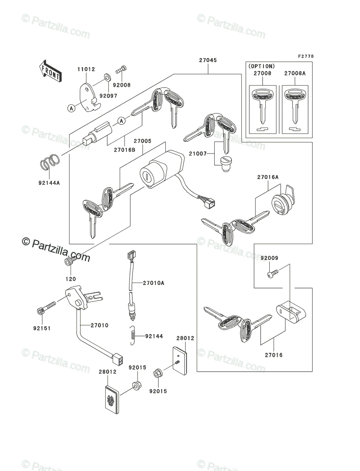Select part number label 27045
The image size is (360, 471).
208,60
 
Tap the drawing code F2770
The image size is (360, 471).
305,57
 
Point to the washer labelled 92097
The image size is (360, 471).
106,75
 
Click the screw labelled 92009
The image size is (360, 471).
271,273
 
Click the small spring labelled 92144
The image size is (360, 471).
133,336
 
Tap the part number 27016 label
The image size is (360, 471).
273,355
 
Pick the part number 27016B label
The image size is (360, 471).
125,149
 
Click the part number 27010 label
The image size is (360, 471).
99,325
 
